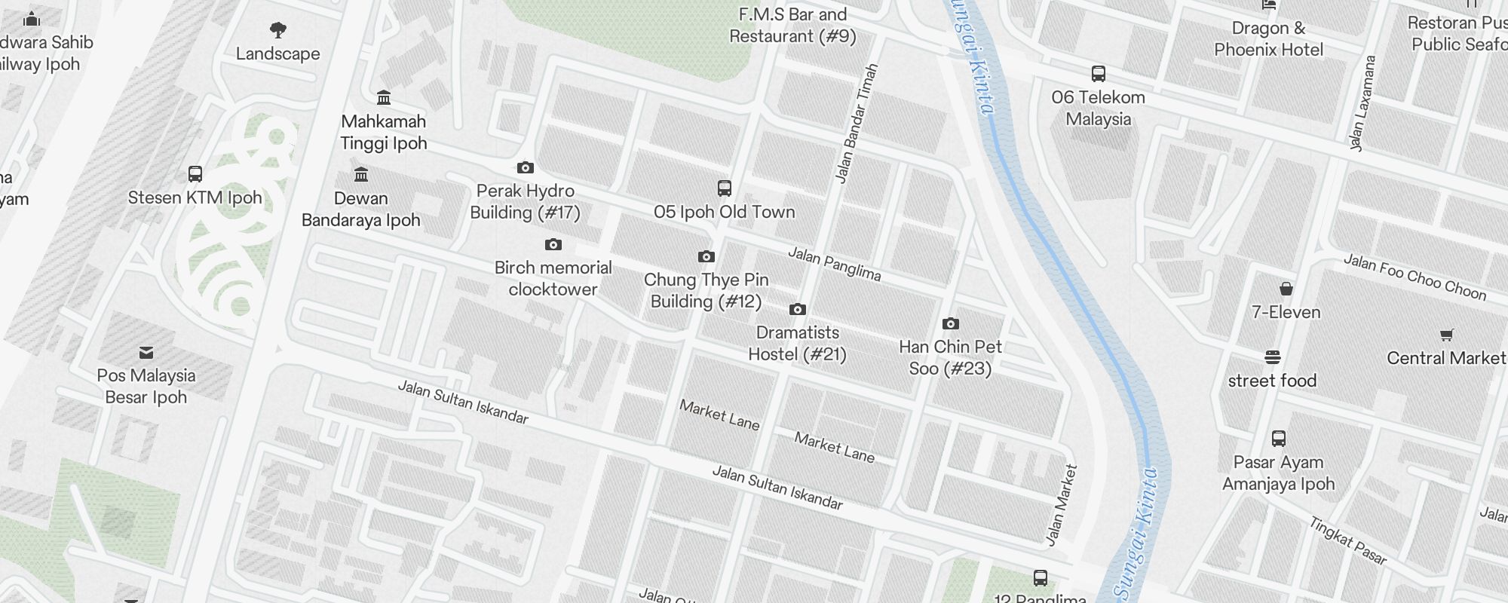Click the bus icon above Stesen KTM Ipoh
[195, 175]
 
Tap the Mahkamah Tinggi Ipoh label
[384, 132]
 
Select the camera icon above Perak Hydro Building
[526, 167]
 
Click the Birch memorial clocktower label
[553, 278]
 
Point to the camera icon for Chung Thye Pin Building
[706, 257]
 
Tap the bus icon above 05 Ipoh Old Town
[725, 188]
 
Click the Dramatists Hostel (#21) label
[797, 343]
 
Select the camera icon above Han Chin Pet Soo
[951, 324]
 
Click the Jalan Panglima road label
[834, 264]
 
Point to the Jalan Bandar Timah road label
[857, 124]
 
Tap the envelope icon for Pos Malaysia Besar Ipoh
[146, 352]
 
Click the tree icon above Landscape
[278, 30]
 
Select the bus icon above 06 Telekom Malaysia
[1099, 74]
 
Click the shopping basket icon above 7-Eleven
[1286, 289]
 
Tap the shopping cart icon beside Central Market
[1446, 335]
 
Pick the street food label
[1272, 381]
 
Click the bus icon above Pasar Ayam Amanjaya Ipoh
[1279, 439]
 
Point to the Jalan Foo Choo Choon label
[1415, 277]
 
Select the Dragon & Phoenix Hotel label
[1269, 39]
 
